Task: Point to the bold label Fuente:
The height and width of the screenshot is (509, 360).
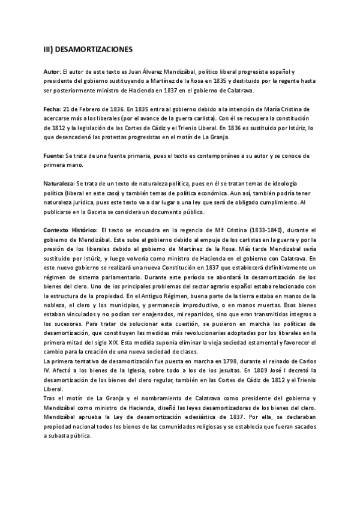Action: tap(56, 156)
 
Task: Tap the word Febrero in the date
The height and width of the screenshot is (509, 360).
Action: tap(92, 110)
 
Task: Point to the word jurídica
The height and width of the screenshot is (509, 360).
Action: tap(85, 203)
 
